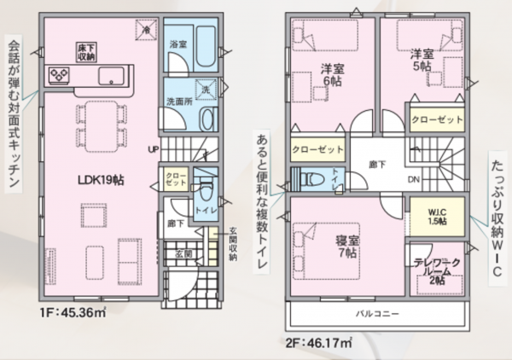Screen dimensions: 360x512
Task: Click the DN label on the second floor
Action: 413,179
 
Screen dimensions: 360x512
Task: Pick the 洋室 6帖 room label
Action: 333,74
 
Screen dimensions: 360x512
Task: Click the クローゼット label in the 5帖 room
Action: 437,120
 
